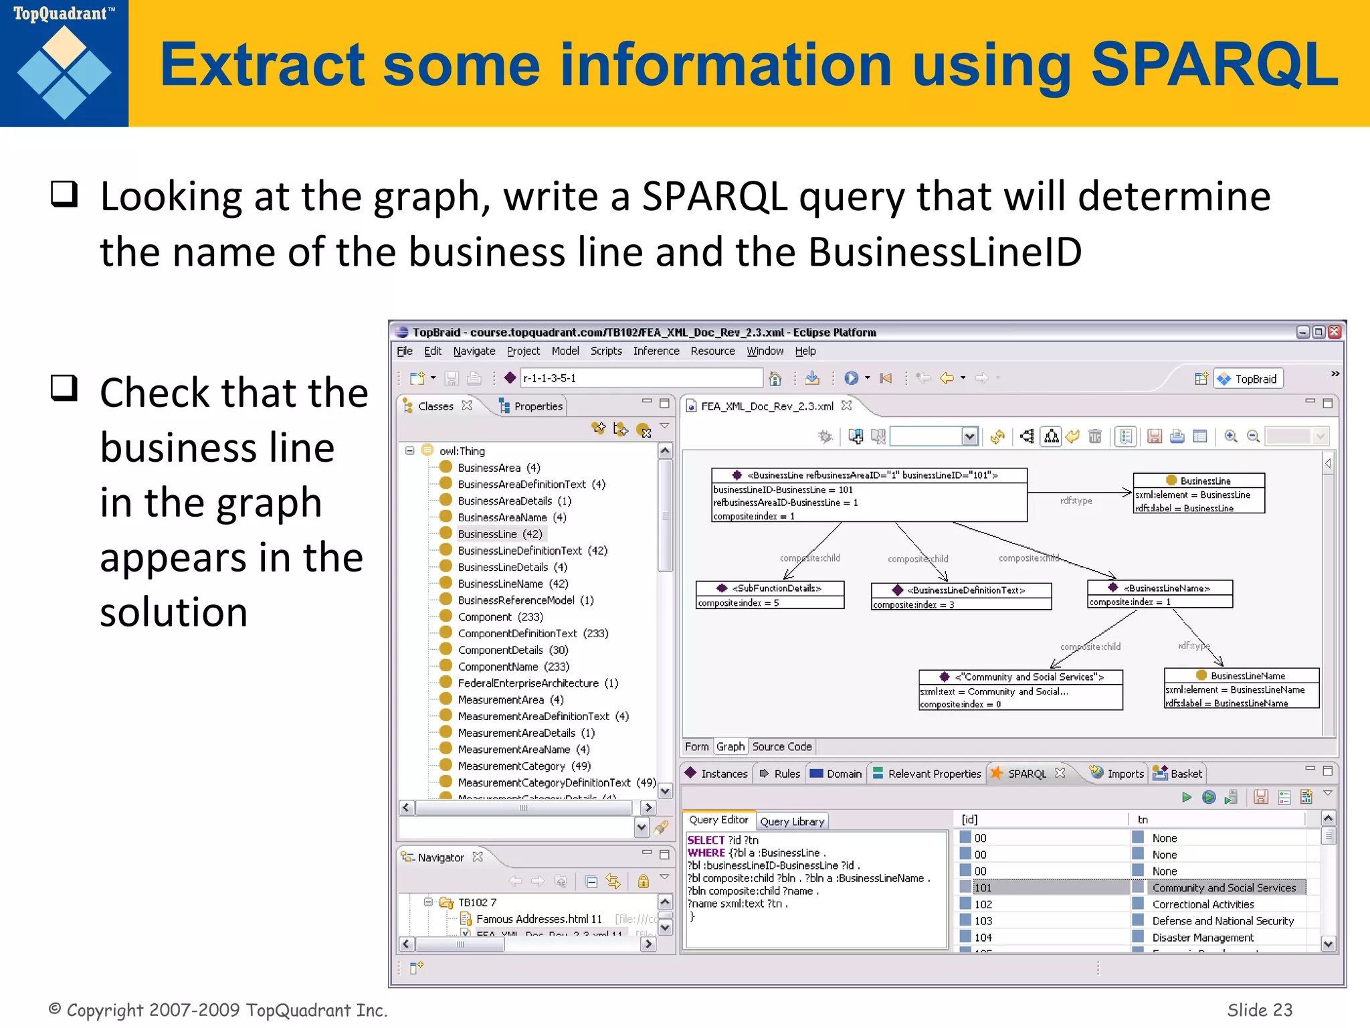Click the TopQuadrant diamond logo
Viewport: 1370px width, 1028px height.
pyautogui.click(x=64, y=72)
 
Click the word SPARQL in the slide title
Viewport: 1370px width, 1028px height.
pyautogui.click(x=1213, y=66)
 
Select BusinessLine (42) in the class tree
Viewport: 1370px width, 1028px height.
pyautogui.click(x=500, y=534)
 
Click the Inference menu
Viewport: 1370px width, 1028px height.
pyautogui.click(x=656, y=351)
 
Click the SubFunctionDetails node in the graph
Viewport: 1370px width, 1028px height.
pyautogui.click(x=770, y=589)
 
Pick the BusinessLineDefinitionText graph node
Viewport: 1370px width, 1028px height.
pyautogui.click(x=961, y=590)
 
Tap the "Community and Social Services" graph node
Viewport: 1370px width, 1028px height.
pyautogui.click(x=1020, y=677)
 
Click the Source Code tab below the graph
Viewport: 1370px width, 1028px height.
pyautogui.click(x=781, y=747)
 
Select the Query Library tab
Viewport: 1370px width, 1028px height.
pyautogui.click(x=792, y=822)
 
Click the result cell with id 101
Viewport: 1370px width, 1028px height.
pyautogui.click(x=983, y=888)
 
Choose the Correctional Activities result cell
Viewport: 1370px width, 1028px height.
pyautogui.click(x=1203, y=905)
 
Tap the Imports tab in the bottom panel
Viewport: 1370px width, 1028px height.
pyautogui.click(x=1124, y=774)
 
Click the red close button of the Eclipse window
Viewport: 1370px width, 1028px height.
pyautogui.click(x=1335, y=333)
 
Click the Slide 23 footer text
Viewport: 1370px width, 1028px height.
pyautogui.click(x=1259, y=1010)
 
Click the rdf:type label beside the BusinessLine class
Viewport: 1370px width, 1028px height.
pyautogui.click(x=1076, y=501)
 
